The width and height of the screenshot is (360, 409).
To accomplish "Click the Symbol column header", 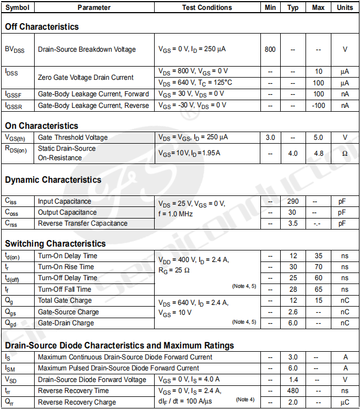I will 18,8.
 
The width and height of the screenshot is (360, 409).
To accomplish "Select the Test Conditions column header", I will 207,8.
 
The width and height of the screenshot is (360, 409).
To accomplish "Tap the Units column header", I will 345,8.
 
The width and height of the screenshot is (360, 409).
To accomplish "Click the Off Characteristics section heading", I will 42,26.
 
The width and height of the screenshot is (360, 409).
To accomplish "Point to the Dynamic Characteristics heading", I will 53,179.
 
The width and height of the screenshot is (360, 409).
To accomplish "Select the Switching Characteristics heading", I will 55,243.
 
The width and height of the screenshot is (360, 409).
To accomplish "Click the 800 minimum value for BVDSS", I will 270,49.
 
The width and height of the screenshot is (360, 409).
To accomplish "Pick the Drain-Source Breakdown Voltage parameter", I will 86,49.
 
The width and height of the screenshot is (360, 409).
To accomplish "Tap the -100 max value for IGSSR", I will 318,105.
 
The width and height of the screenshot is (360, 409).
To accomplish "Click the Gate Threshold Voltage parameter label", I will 73,137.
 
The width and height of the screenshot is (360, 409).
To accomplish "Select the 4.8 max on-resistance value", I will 318,153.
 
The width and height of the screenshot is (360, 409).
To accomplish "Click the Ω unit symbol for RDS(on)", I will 345,153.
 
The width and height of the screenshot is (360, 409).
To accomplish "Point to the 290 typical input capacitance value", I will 293,201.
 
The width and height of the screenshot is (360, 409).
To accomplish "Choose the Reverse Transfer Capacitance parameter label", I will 83,223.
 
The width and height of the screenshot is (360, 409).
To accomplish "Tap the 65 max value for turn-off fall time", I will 318,289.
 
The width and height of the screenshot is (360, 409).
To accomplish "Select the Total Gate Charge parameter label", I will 65,301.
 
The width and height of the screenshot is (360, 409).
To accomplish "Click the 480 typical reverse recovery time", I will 293,390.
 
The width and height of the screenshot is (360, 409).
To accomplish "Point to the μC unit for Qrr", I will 345,402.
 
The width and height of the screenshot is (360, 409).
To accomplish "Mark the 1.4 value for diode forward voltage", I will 293,379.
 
